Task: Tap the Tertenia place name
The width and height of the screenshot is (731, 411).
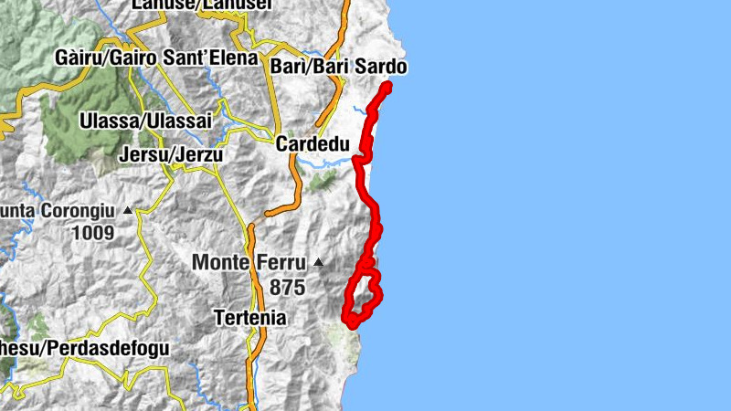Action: [x=249, y=319]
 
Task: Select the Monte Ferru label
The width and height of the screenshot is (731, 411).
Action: [x=248, y=263]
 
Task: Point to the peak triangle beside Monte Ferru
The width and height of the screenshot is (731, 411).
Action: [x=318, y=263]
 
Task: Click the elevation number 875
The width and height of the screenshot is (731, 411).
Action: [x=288, y=287]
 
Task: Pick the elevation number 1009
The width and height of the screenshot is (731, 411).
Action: [x=96, y=233]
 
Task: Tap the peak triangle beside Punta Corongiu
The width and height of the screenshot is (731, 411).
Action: [x=127, y=211]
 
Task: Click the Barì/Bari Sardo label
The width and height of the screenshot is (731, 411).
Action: [x=339, y=67]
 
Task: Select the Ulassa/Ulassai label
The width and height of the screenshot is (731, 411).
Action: [x=145, y=121]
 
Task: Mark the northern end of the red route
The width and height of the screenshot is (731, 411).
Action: [x=387, y=87]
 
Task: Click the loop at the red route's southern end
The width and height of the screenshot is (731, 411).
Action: [x=363, y=297]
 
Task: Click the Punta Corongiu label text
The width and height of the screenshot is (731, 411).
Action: [x=57, y=211]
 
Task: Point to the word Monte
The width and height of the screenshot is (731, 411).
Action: [x=220, y=263]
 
